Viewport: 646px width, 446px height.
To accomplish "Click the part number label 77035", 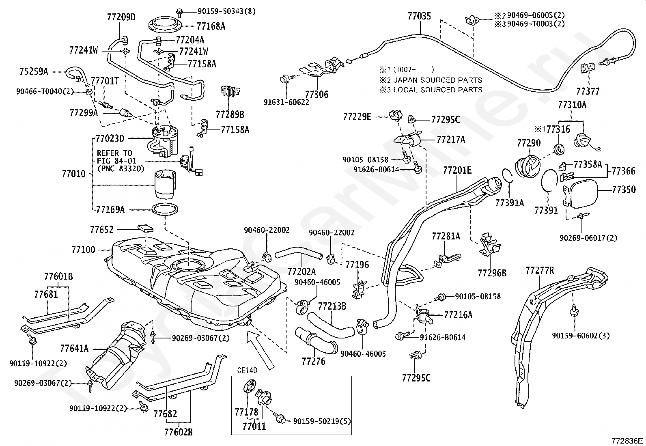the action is [x=419, y=16].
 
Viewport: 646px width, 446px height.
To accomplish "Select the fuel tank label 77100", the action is [x=83, y=250].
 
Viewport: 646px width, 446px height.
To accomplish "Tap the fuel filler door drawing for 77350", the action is [x=580, y=193].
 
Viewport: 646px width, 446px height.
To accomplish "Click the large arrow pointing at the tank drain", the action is [x=260, y=350].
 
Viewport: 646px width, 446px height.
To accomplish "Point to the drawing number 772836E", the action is [x=627, y=441].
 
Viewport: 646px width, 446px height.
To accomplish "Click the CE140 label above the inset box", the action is [x=247, y=370].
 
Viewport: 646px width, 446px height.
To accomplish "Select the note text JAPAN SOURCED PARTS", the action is [x=438, y=80].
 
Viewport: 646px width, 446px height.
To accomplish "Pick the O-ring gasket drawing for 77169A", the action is [x=165, y=209].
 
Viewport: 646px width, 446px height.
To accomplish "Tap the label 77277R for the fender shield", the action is [x=540, y=270].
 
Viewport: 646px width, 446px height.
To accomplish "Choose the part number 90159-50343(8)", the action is [x=226, y=11].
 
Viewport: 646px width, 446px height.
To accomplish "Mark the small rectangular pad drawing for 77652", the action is [x=146, y=229].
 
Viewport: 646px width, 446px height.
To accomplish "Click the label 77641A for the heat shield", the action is [x=74, y=348].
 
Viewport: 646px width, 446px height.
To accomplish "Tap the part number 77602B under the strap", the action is [x=179, y=432].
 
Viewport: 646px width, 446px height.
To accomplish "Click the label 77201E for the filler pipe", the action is [x=457, y=170].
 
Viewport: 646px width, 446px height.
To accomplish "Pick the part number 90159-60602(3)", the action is [x=581, y=336].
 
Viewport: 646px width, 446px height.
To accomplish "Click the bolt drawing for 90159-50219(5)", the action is [x=280, y=418].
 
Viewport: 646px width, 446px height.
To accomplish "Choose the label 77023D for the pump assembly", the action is [x=110, y=138].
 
